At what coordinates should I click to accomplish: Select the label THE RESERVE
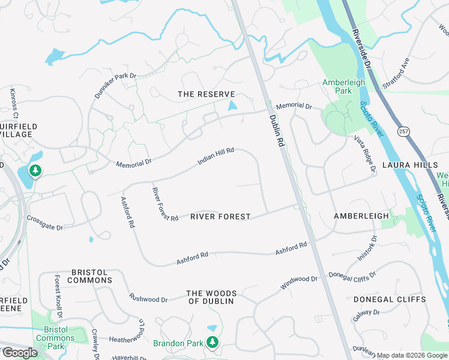pos(206,94)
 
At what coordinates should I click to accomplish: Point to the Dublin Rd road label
pos(276,131)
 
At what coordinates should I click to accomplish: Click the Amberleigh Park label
pos(345,86)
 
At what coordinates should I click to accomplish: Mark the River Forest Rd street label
pos(165,203)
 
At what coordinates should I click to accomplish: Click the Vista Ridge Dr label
pos(364,154)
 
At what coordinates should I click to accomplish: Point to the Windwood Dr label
pos(298,282)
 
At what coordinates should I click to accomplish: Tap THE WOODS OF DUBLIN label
pos(211,297)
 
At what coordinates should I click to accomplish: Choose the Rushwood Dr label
pos(148,298)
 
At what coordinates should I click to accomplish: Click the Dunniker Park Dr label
pos(115,86)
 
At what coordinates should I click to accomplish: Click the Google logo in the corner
pos(19,352)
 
